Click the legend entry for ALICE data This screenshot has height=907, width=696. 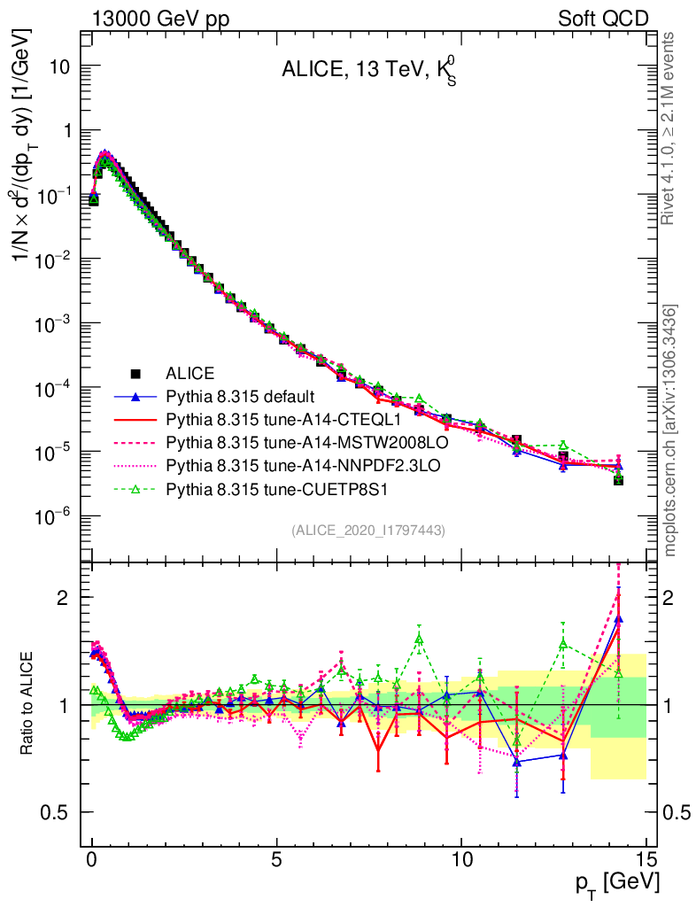point(189,373)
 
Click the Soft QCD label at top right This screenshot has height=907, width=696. point(602,19)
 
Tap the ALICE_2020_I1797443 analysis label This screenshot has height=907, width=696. point(368,530)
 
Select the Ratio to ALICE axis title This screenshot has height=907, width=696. point(27,704)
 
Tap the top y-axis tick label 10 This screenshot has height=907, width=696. point(59,66)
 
